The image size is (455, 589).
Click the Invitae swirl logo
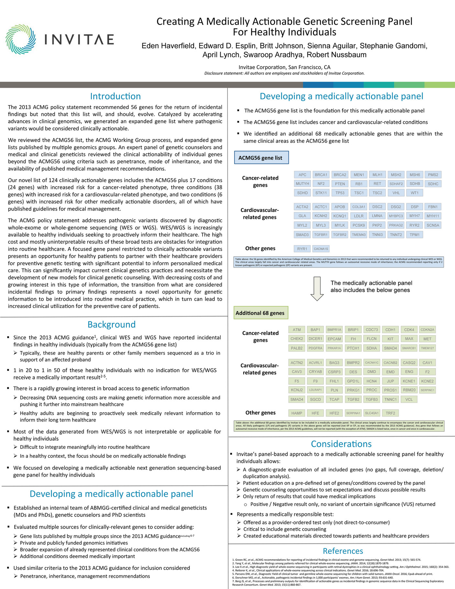[20, 39]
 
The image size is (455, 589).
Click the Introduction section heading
[115, 96]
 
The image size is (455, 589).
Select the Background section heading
[111, 324]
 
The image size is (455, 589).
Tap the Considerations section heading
[341, 444]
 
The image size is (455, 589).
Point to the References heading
[343, 551]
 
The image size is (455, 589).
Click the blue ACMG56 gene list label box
[261, 158]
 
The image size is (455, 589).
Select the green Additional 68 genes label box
[261, 313]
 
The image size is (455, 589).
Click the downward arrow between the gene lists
[317, 288]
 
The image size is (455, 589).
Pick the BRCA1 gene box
[321, 175]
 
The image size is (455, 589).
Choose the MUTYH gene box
[302, 184]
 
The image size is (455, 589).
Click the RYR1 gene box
[302, 249]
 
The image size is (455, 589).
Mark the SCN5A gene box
[433, 225]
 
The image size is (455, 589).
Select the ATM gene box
[297, 330]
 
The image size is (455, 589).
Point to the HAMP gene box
[297, 413]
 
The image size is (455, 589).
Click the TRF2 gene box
[390, 413]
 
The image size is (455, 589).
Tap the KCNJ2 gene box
[297, 390]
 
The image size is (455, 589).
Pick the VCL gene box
[409, 400]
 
